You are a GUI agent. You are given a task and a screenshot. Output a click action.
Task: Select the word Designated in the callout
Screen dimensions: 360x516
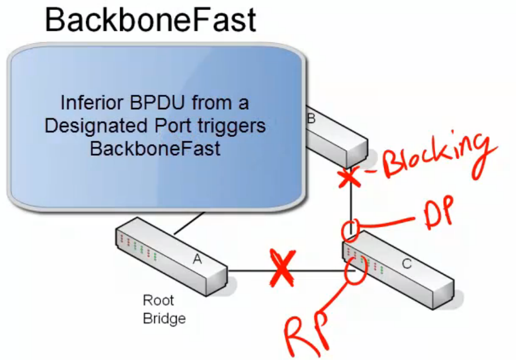coord(93,126)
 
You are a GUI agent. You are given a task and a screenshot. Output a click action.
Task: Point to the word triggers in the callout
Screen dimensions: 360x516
coord(230,126)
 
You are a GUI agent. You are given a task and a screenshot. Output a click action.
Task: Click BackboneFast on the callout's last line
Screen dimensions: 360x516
coord(155,149)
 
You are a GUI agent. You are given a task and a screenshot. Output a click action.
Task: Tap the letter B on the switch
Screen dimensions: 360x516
coord(311,117)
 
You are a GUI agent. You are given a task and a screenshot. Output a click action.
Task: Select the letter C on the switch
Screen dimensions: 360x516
coord(407,264)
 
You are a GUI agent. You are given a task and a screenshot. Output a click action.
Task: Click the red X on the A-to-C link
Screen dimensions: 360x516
coord(282,269)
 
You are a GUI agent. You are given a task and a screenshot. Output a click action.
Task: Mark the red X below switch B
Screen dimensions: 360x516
coord(348,177)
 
